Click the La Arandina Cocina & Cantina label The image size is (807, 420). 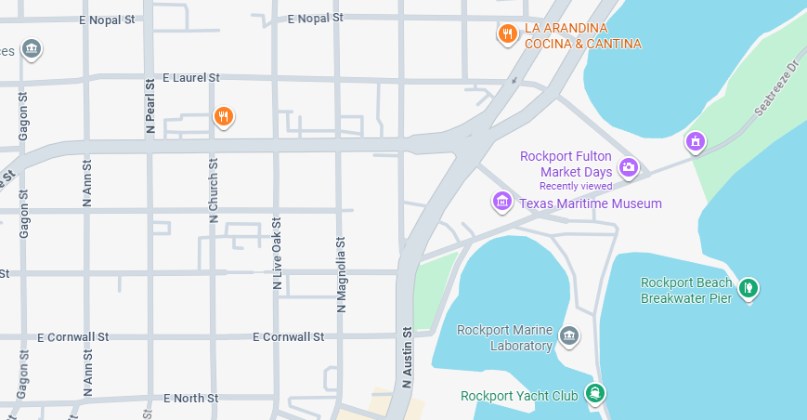pos(582,36)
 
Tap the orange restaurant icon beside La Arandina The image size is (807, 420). pos(507,34)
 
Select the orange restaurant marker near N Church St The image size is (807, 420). pos(223,116)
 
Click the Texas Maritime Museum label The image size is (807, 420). pos(590,203)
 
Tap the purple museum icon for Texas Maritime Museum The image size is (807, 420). pos(502,201)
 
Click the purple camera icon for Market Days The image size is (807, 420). pos(629,167)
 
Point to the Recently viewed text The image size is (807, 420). pos(575,186)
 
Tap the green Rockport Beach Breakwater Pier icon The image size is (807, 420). pos(748,289)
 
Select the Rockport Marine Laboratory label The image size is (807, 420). pos(504,338)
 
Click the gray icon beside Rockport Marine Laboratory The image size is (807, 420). pos(569,335)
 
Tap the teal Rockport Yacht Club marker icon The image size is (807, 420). pos(595,394)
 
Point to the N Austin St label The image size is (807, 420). pos(407,357)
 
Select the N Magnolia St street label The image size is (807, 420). pos(341,272)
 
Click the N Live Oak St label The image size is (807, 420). pos(277,254)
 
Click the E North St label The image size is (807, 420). pos(190,398)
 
